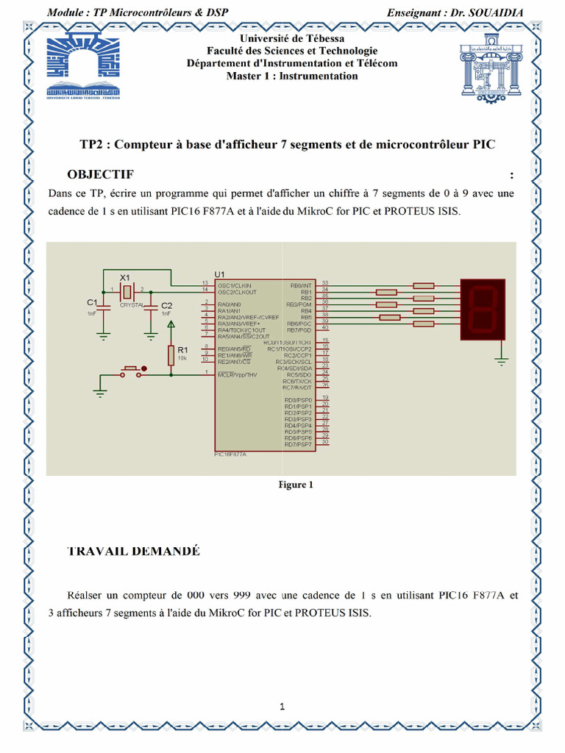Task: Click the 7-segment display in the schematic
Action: [x=483, y=309]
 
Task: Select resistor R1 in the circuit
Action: [x=171, y=355]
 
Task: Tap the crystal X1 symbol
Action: [x=126, y=291]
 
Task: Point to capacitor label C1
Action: [x=92, y=302]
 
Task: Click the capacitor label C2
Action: [x=167, y=305]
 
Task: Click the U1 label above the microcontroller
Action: [x=219, y=274]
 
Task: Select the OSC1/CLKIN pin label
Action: [x=235, y=285]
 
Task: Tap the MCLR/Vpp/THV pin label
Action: [x=237, y=375]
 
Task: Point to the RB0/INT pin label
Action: [x=302, y=285]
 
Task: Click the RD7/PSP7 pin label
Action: [x=299, y=445]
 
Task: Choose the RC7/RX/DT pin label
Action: [x=298, y=388]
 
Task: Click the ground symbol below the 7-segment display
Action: [x=502, y=361]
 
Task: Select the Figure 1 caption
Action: [x=296, y=485]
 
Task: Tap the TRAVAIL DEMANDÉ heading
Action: [x=133, y=552]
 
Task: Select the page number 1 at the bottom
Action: [x=282, y=707]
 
